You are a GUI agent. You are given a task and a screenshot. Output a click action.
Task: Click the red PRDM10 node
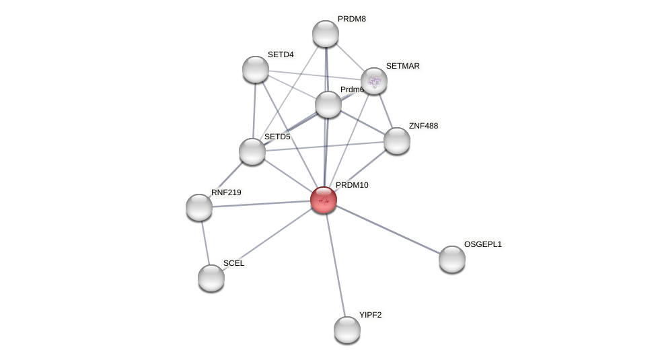(324, 200)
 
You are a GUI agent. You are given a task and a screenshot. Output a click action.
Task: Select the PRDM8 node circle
(326, 34)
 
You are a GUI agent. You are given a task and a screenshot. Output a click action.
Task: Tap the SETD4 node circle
(256, 69)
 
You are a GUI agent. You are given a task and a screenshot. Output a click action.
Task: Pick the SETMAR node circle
(374, 81)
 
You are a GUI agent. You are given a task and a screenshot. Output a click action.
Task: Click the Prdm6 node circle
(328, 104)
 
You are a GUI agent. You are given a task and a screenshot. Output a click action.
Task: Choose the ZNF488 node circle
(397, 141)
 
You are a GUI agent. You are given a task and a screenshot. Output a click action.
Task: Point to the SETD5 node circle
(252, 151)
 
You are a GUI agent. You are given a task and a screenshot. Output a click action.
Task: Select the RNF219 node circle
(199, 207)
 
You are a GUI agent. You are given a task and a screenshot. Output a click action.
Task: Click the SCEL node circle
(211, 278)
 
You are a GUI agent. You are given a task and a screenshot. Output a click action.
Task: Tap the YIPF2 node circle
(347, 330)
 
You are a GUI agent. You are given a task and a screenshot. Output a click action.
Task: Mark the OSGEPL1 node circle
(452, 259)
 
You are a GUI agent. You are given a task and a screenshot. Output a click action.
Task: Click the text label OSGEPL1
(482, 244)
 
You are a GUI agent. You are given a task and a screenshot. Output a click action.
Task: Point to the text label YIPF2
(370, 315)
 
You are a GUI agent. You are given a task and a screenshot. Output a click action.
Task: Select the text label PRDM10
(352, 185)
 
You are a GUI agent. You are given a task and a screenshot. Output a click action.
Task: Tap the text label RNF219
(226, 192)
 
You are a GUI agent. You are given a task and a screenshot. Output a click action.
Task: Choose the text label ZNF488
(423, 126)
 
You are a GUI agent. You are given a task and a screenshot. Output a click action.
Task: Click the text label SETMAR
(402, 66)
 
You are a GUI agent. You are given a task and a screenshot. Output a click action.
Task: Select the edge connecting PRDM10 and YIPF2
(335, 264)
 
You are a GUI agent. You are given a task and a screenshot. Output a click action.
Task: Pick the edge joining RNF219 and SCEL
(205, 242)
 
